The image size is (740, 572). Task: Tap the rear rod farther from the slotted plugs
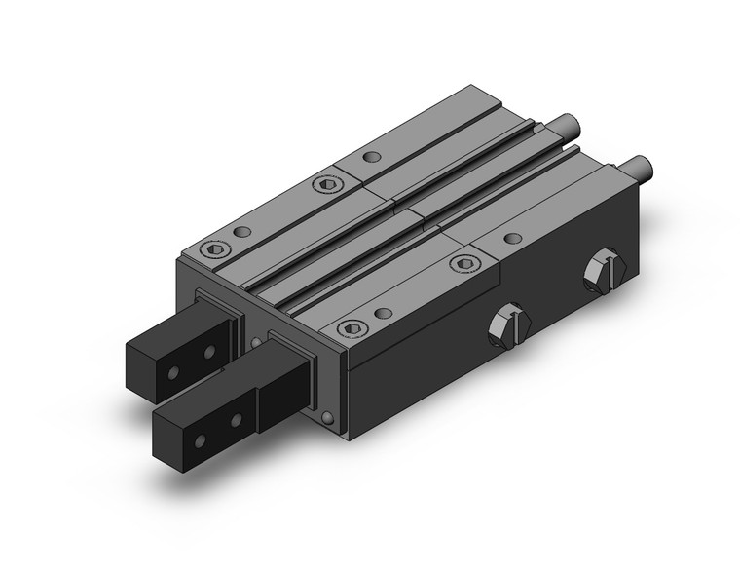[564, 126]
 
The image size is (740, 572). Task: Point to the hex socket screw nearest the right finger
[352, 328]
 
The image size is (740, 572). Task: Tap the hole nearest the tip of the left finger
[172, 371]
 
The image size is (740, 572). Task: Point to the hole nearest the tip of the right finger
[201, 441]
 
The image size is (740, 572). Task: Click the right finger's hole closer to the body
[236, 420]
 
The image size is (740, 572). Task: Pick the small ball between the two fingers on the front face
[256, 342]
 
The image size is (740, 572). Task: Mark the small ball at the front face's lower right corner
[329, 417]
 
